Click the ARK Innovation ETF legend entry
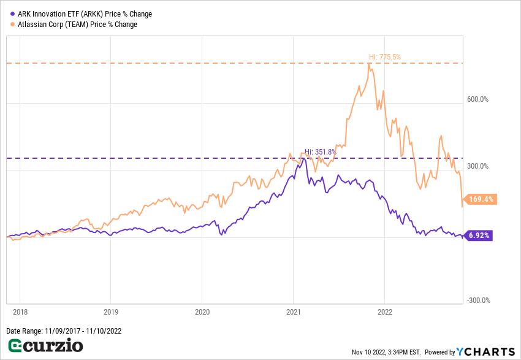(85, 14)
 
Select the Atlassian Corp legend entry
(77, 25)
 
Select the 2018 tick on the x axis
(20, 312)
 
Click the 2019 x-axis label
(111, 312)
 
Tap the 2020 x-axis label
(202, 312)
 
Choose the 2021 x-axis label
(293, 312)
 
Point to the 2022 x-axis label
(384, 312)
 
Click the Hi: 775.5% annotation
(384, 57)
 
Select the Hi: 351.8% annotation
(321, 152)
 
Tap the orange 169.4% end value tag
(481, 199)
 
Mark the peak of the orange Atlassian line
(370, 63)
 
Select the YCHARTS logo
(485, 351)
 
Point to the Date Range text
(64, 331)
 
